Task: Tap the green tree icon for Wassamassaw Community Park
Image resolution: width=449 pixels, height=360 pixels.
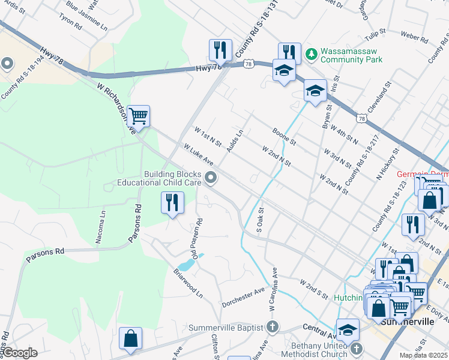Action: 311,55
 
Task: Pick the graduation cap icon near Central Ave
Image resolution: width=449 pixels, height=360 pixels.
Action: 348,330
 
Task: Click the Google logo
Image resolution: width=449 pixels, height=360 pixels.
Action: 20,353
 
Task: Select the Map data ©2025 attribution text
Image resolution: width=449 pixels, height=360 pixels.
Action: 424,355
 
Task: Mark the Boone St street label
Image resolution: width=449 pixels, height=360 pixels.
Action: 283,136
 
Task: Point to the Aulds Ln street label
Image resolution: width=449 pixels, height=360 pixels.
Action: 235,140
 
